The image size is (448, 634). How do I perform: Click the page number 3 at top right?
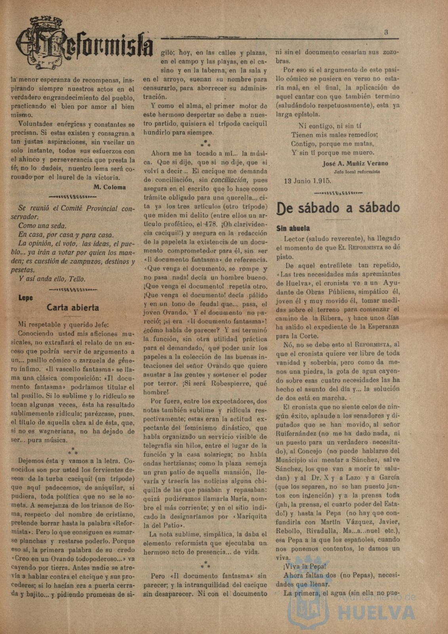pos(386,33)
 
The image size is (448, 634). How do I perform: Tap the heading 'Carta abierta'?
pos(73,307)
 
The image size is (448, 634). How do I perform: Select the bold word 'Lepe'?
pos(26,298)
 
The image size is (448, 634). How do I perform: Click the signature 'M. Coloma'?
pos(110,187)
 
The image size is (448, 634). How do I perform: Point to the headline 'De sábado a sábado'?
pos(337,208)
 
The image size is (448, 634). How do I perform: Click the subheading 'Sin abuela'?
pos(293,228)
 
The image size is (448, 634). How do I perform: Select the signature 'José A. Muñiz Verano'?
pos(355,163)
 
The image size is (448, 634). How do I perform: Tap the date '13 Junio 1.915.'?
pos(308,181)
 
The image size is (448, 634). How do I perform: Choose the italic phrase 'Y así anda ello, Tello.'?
pos(52,279)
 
